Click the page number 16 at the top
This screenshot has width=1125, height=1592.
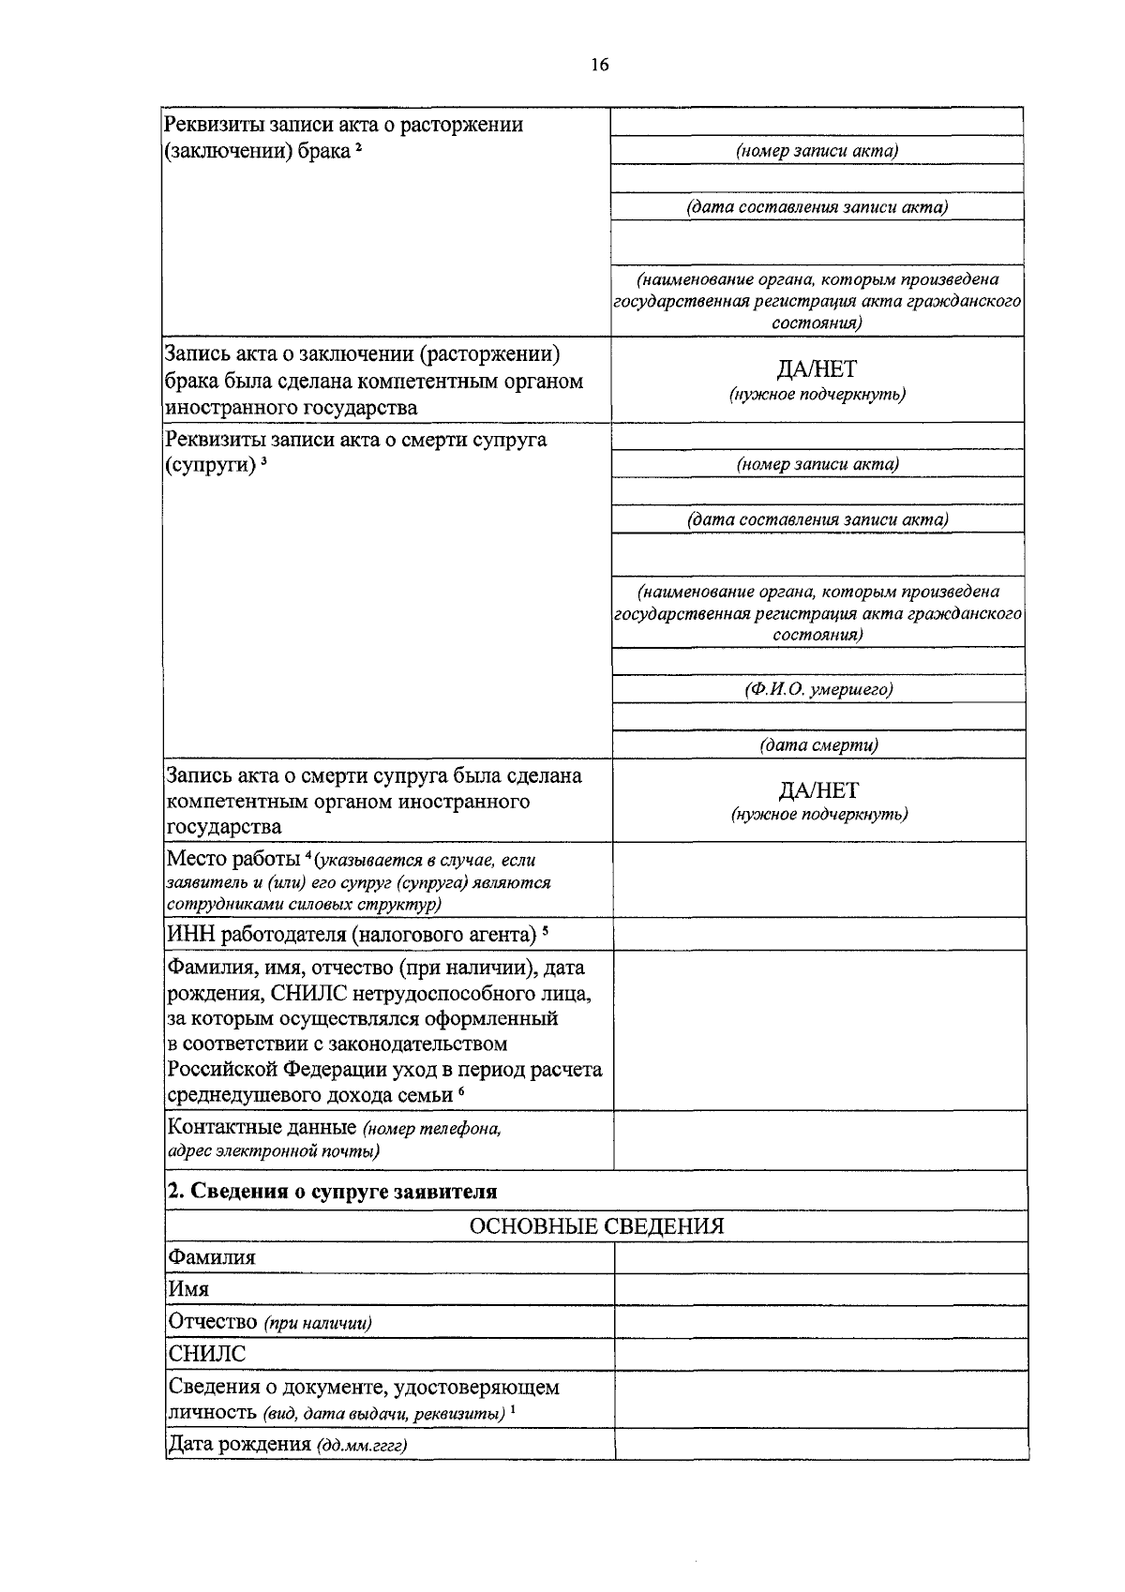pos(600,65)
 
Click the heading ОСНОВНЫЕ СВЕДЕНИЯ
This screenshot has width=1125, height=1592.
pos(596,1226)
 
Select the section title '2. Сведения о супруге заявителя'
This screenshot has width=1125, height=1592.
pos(332,1191)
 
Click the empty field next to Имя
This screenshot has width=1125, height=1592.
pos(820,1289)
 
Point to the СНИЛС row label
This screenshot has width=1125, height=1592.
pos(207,1354)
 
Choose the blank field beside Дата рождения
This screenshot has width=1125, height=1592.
pos(820,1444)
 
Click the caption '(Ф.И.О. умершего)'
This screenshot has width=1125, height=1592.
pos(818,690)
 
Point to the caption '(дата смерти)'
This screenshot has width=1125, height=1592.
pos(818,745)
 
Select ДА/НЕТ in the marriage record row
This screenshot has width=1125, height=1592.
pos(817,369)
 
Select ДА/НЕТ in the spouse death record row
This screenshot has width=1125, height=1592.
pos(818,790)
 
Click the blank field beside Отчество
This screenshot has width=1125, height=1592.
pos(820,1322)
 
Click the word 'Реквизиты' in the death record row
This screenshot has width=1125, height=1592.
pos(213,440)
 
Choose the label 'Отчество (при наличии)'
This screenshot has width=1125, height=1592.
pos(270,1322)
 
